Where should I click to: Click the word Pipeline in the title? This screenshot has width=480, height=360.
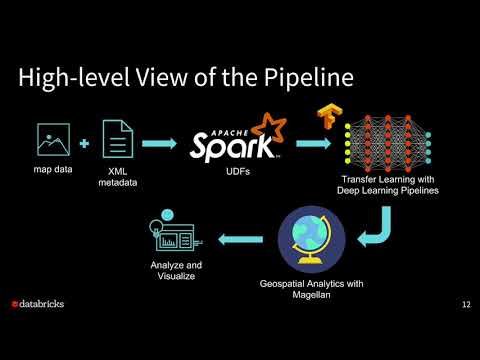click(x=304, y=77)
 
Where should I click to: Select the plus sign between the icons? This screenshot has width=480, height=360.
click(x=83, y=145)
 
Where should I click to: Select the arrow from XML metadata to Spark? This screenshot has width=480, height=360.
click(x=163, y=145)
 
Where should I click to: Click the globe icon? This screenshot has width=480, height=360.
click(x=311, y=237)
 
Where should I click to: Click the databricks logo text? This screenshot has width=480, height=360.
click(x=43, y=304)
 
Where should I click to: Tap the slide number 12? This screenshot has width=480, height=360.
click(x=467, y=304)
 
